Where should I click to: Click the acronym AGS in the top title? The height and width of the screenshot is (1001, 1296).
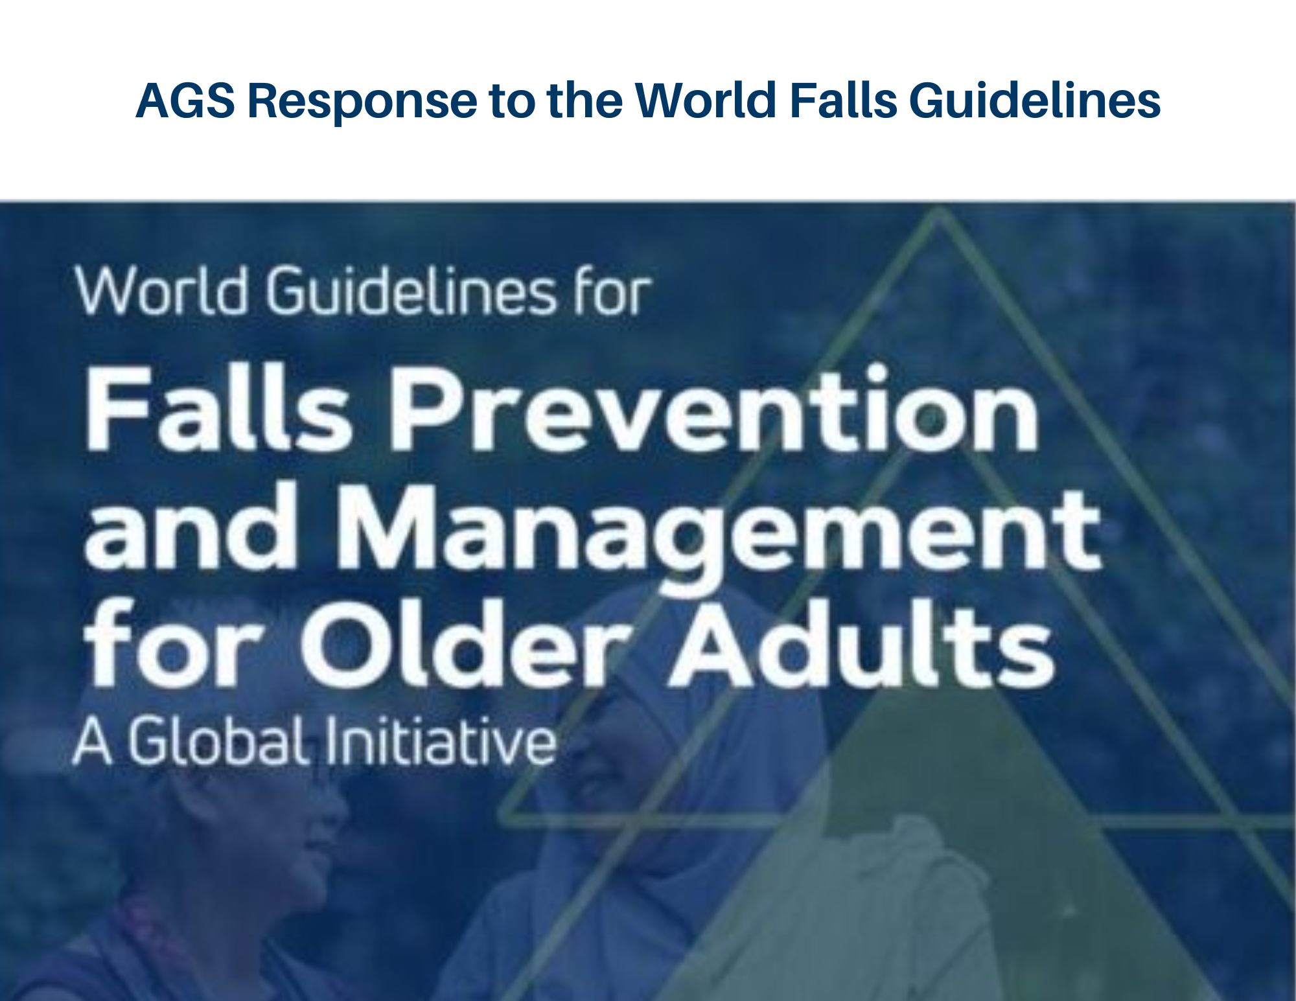[x=185, y=100]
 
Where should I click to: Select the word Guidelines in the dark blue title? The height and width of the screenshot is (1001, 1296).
[x=1035, y=100]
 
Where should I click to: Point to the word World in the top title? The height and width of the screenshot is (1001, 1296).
[x=706, y=100]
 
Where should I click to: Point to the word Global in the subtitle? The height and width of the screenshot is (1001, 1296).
[x=216, y=741]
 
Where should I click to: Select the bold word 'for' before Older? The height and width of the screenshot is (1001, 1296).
[x=174, y=644]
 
